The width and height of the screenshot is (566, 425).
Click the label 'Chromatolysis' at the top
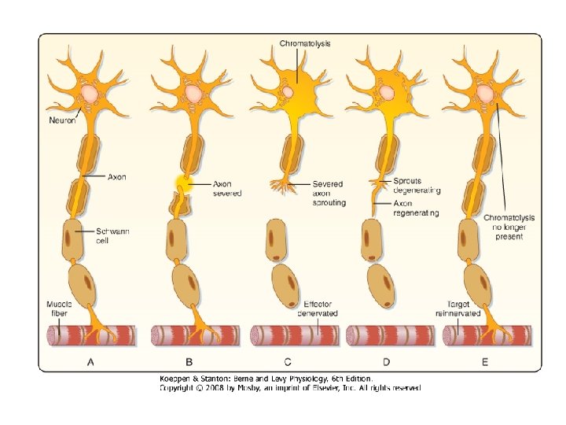click(x=305, y=43)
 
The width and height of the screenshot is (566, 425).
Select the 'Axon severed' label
click(x=228, y=188)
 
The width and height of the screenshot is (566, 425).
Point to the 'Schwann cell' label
click(x=112, y=235)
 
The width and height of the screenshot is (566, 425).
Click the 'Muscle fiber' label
click(x=59, y=309)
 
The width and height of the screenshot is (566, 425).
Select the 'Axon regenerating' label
click(x=416, y=208)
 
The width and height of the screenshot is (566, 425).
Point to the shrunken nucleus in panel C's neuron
click(x=289, y=92)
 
